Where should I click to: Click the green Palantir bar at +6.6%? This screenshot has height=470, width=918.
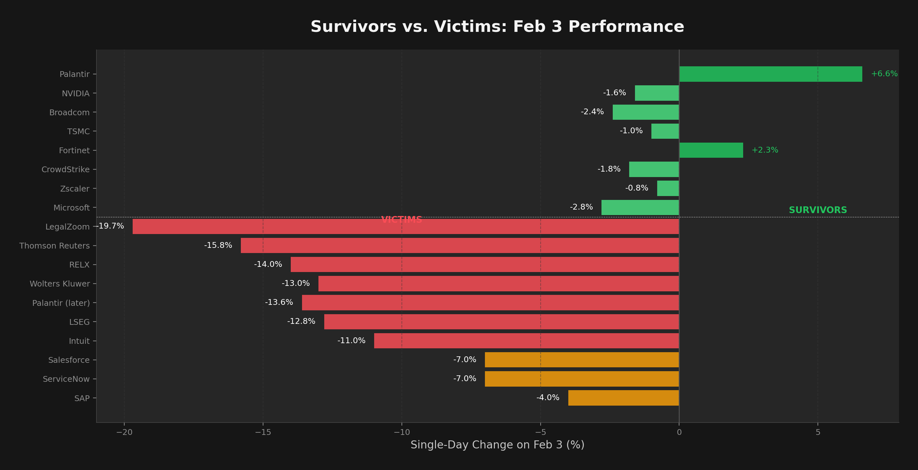point(771,74)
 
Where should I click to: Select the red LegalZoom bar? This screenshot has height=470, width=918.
point(405,227)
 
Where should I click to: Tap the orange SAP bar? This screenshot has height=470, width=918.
point(623,398)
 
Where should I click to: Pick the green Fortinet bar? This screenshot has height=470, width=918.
point(711,150)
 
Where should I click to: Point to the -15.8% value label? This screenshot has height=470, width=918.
point(218,246)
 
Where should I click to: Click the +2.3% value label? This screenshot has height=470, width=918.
point(765,150)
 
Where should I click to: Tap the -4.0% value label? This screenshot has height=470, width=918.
point(548,398)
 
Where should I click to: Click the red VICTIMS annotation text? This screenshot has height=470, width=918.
point(402,220)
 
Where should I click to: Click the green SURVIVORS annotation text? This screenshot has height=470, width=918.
point(818,210)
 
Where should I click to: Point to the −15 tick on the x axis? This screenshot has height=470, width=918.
point(263,433)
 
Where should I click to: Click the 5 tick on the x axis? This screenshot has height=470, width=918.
point(818,433)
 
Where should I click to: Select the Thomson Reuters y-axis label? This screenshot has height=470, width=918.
point(54,246)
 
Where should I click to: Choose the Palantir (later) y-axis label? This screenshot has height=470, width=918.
point(61,303)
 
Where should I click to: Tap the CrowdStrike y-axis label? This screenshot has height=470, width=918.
point(66,170)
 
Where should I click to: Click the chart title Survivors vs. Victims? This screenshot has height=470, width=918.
point(497,27)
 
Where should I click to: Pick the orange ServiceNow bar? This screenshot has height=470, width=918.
point(582,379)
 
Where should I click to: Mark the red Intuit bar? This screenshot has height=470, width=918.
point(526,341)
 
